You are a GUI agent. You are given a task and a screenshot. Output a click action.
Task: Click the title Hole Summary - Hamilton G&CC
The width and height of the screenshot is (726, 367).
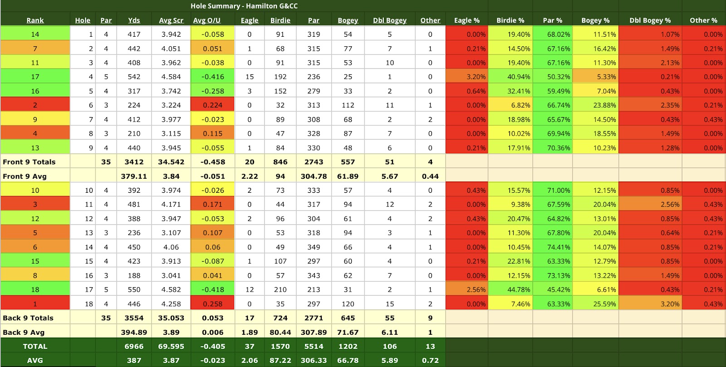point(244,6)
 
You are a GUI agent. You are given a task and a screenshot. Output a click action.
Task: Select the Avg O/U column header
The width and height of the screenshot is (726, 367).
point(206,20)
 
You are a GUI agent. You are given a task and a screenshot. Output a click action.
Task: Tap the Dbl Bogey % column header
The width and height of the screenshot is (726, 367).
point(650,20)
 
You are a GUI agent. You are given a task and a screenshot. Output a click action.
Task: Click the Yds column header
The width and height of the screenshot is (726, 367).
point(134,20)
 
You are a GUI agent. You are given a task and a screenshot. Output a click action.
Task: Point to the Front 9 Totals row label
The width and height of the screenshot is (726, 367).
point(29,162)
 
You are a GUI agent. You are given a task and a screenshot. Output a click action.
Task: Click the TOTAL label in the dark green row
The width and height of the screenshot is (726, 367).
point(35,346)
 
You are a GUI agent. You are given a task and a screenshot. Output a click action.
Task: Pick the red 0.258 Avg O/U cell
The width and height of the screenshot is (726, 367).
point(212,304)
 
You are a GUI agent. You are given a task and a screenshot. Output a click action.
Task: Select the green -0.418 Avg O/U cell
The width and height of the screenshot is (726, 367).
point(212,289)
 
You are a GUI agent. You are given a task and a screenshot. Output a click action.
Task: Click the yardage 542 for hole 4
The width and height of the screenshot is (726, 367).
point(134,77)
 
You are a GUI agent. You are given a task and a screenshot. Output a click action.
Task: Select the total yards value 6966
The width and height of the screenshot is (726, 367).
point(134,346)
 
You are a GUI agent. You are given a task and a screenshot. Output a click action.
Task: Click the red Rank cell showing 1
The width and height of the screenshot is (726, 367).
point(35,304)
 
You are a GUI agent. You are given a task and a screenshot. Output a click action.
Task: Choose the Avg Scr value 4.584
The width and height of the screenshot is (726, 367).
point(171,77)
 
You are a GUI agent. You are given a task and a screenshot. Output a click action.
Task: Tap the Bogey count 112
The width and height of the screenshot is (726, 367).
point(348,105)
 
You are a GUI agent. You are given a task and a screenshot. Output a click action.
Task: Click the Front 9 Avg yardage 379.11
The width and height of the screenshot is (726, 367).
point(134,176)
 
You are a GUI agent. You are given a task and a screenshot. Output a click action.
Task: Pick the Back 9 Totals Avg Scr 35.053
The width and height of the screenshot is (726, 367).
point(171,318)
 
